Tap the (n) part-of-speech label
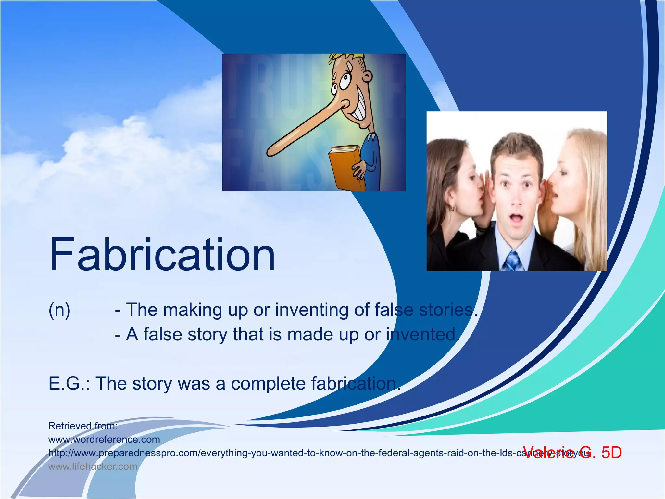(x=59, y=310)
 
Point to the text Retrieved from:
(x=83, y=426)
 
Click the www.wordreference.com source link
(x=104, y=440)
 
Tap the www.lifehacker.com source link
(x=93, y=467)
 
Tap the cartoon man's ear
(x=367, y=77)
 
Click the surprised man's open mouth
(x=516, y=218)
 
